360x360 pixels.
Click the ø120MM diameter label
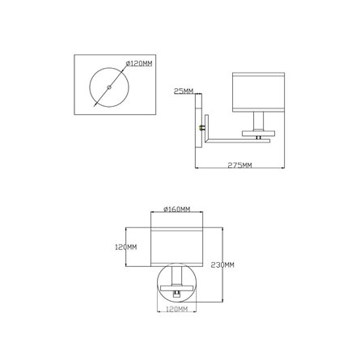coord(138,64)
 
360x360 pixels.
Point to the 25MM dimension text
coord(184,91)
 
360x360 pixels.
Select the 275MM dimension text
coord(240,166)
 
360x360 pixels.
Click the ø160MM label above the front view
coord(176,210)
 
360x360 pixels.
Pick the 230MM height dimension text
coord(222,265)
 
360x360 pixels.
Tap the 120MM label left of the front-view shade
coord(125,247)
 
